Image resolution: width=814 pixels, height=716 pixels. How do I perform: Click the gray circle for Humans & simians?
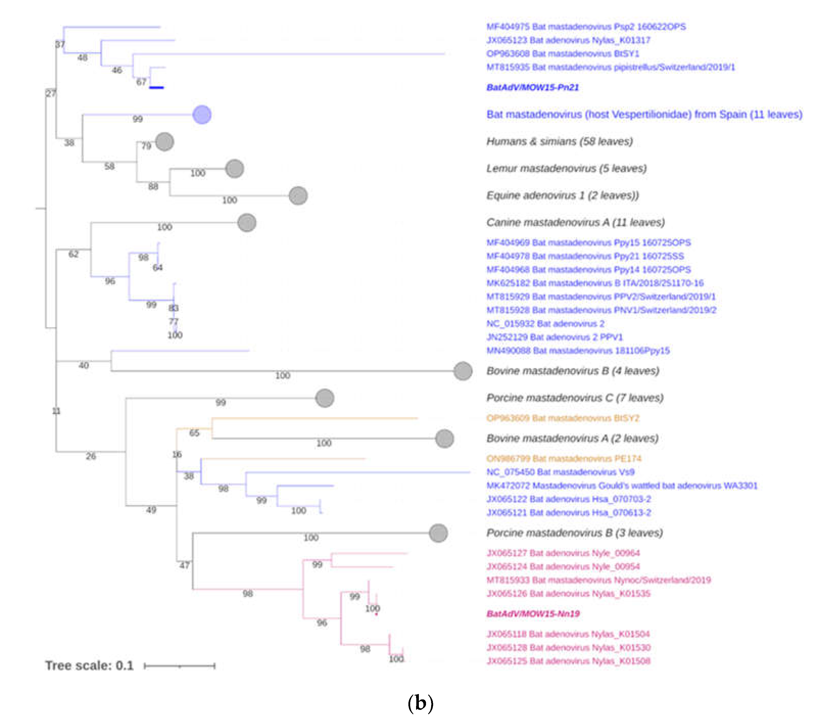[164, 142]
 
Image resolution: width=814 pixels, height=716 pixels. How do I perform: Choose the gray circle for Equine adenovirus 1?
[298, 196]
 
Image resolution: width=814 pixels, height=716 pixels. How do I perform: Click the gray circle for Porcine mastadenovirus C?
[325, 398]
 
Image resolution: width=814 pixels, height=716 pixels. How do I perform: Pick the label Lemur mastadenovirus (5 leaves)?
[566, 169]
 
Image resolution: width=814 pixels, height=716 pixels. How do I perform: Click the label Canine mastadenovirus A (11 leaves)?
[575, 222]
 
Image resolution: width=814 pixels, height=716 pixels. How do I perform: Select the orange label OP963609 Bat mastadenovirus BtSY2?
[562, 418]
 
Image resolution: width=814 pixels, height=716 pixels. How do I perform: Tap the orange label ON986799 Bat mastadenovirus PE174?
[564, 459]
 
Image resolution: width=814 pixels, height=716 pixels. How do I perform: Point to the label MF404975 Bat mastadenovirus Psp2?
[585, 27]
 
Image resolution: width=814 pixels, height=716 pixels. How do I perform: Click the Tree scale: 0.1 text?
[89, 665]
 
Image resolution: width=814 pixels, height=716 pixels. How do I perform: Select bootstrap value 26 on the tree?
[91, 456]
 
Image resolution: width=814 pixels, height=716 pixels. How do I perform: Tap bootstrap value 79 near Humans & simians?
[146, 146]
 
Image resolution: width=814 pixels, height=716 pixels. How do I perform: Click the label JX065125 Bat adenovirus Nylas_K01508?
[568, 661]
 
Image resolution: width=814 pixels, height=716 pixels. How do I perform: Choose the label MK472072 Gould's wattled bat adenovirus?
[621, 486]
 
